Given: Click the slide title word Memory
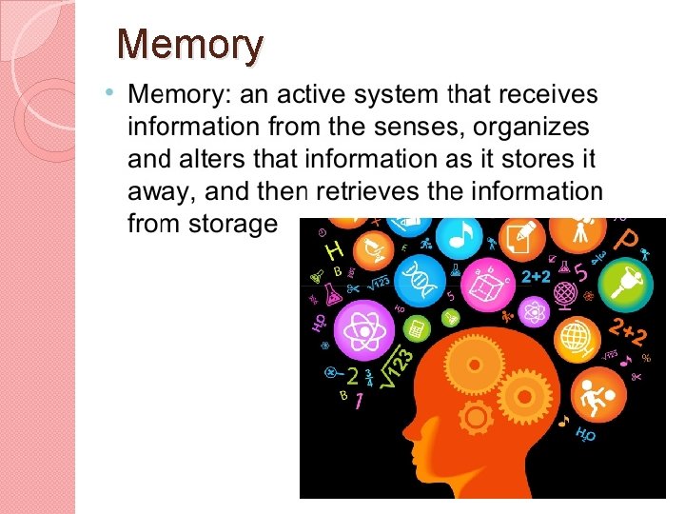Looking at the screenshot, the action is coord(189,46).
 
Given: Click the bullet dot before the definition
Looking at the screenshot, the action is coord(111,93).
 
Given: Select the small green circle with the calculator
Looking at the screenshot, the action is coord(414,329).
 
